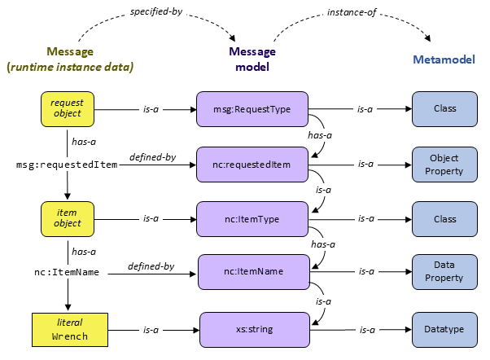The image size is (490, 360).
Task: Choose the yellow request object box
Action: click(68, 107)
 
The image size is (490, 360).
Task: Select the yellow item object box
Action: click(68, 217)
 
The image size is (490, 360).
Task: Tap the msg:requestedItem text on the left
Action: click(68, 164)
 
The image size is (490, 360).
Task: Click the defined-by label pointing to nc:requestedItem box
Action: click(152, 156)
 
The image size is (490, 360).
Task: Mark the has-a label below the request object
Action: click(85, 141)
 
